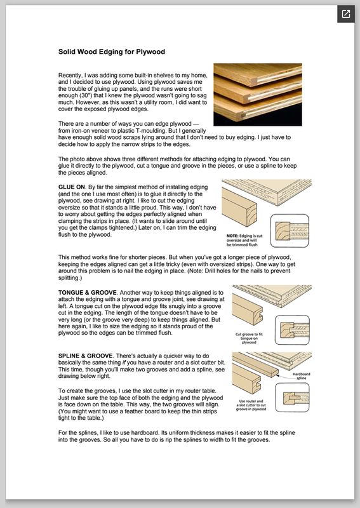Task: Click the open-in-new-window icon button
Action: [x=346, y=14]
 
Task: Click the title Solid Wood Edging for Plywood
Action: [x=112, y=52]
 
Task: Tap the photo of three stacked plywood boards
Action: [x=258, y=95]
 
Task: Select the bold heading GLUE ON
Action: [x=72, y=187]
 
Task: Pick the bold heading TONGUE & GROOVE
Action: [x=88, y=293]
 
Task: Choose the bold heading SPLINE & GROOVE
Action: [x=86, y=356]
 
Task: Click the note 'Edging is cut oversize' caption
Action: [x=244, y=240]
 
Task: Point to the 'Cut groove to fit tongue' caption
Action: [x=249, y=338]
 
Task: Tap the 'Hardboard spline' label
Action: [x=302, y=376]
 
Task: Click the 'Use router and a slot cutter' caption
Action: [x=251, y=405]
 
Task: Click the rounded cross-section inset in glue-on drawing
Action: [x=290, y=231]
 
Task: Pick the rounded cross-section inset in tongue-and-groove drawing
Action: [x=292, y=330]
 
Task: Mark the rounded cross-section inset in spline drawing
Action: [x=292, y=398]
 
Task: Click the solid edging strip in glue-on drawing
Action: [x=239, y=208]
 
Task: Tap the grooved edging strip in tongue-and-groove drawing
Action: [x=248, y=309]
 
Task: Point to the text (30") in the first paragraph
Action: [x=86, y=96]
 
